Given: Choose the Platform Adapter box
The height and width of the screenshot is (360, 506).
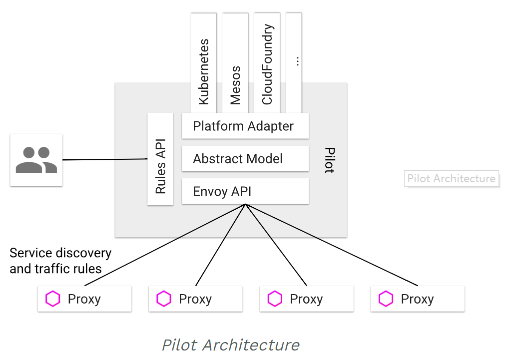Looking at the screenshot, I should coord(245,126).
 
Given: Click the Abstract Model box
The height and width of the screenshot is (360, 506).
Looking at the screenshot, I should coord(245,159).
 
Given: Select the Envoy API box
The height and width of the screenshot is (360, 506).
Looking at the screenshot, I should coord(245,191).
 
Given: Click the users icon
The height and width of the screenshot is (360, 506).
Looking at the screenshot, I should coord(36,160).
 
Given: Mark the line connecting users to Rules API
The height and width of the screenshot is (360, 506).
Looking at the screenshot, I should coord(105,160).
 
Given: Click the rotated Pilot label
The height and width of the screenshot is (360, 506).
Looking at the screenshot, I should coord(329,160).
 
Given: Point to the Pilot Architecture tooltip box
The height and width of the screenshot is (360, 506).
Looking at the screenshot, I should coord(451,178).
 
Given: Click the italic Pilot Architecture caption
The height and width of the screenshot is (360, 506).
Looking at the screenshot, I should coord(231,345).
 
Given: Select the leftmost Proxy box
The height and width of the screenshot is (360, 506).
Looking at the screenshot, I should coord(84,299).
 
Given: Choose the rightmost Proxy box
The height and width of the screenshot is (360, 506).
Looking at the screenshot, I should coord(418,299).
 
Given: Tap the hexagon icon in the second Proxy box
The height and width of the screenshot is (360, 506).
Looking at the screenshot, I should coord(164,299).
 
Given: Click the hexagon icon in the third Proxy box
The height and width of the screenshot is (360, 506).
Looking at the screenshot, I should coord(275,299).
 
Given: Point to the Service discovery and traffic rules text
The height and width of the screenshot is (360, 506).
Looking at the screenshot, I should coord(60,261).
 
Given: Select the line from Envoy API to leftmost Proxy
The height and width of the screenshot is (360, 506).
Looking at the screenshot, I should coord(165,246).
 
